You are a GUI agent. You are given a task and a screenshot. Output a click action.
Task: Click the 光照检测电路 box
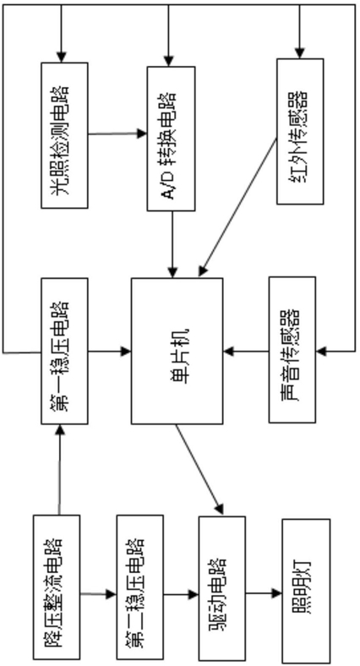[x=64, y=135]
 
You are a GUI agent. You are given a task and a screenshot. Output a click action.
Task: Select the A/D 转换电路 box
[x=171, y=139]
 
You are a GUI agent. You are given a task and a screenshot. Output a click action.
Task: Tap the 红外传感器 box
[x=300, y=131]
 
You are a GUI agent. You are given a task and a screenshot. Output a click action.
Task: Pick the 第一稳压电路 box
[x=64, y=351]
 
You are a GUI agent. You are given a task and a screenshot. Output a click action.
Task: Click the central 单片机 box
[x=177, y=351]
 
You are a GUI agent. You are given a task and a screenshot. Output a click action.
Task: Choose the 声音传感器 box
[x=292, y=350]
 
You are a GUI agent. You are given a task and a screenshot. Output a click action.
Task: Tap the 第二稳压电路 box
[x=140, y=587]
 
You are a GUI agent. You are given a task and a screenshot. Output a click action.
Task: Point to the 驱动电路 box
[x=222, y=588]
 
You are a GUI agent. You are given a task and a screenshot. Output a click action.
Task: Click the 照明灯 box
[x=306, y=591]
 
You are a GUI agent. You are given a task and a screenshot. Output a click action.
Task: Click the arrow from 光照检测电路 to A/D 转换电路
[x=117, y=134]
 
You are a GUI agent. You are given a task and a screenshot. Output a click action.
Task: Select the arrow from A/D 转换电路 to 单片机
[x=172, y=244]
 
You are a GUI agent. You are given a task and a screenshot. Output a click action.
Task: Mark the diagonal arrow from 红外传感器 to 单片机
[x=237, y=207]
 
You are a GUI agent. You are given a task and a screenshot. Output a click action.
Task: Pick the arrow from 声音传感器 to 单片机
[x=246, y=352]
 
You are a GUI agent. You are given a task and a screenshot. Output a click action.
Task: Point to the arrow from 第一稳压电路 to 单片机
[x=110, y=351]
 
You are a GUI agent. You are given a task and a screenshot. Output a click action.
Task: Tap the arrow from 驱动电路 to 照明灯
[x=264, y=593]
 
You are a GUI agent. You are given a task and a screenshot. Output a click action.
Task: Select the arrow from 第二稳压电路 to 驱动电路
[x=181, y=594]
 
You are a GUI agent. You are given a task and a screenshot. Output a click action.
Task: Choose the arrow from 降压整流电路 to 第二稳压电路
[x=98, y=594]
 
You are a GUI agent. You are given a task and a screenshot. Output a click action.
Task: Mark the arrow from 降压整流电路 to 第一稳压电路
[x=59, y=470]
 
